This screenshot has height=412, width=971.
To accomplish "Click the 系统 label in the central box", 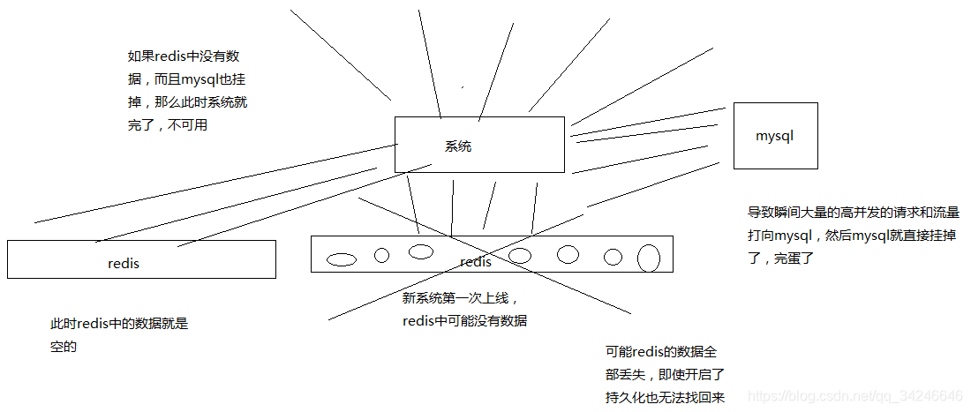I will (x=458, y=146).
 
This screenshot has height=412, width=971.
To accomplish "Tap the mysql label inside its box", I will (x=775, y=136).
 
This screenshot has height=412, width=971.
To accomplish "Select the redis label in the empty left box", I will (x=124, y=263).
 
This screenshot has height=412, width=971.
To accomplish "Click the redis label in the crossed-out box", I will (x=476, y=261).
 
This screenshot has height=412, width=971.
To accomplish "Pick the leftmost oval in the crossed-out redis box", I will (x=342, y=259).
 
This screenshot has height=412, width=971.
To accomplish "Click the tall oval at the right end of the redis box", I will (x=649, y=258).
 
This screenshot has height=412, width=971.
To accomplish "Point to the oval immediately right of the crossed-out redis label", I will (x=520, y=256).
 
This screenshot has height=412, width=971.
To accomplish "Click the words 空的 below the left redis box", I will (x=64, y=348).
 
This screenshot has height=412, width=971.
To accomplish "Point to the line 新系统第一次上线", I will (x=455, y=298).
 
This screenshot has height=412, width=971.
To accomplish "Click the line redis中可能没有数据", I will (x=464, y=321).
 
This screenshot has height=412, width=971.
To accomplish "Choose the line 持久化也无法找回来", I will (x=665, y=397).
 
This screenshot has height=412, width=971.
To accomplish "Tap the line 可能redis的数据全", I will (x=660, y=351).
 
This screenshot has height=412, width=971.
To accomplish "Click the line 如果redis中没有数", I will (x=184, y=56).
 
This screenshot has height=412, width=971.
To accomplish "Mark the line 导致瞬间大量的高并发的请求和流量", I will (x=854, y=213).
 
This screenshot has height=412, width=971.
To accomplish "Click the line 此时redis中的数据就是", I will (x=119, y=324).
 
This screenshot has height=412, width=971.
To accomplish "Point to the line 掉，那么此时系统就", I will (x=187, y=102).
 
